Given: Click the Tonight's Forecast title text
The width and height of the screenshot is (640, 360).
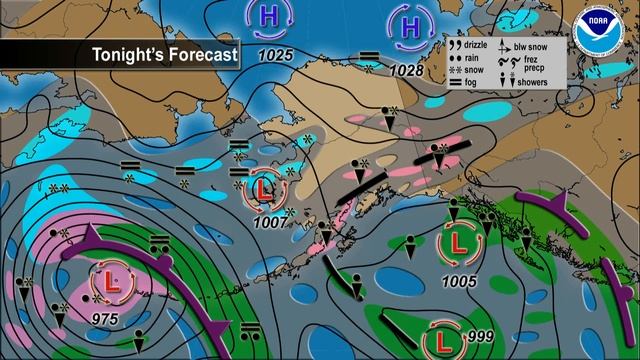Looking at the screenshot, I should (x=165, y=54).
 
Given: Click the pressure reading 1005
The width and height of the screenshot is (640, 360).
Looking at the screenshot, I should (x=458, y=281).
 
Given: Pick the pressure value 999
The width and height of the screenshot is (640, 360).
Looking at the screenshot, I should (x=480, y=337).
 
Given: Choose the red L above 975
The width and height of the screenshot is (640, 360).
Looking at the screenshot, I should (x=106, y=283).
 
